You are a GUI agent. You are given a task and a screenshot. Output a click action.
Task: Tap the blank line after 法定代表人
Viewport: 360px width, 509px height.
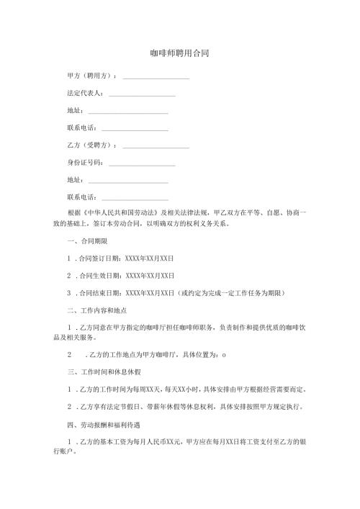click(142, 94)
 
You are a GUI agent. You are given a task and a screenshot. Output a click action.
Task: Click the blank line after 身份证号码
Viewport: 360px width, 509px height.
click(142, 163)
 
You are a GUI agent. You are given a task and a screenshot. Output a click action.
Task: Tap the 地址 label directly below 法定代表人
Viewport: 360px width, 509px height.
click(74, 112)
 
